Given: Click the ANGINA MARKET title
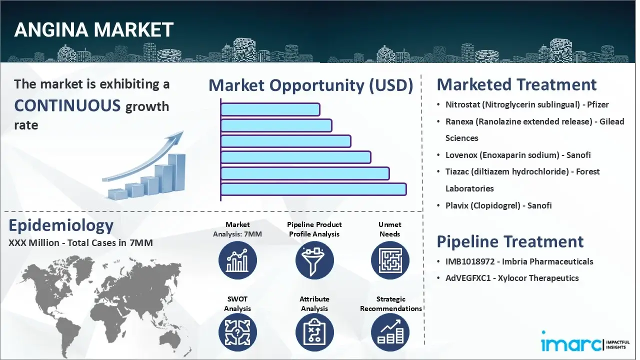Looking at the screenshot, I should click(94, 30).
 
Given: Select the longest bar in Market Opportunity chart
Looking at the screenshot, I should click(313, 189).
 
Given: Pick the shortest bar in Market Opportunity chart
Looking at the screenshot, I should click(270, 109).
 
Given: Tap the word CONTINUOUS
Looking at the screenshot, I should click(67, 105).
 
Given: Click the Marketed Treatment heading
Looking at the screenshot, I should click(516, 84).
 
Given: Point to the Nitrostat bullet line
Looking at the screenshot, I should click(527, 104).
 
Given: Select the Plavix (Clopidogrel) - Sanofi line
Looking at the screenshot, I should click(498, 205).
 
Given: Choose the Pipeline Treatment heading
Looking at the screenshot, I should click(510, 241).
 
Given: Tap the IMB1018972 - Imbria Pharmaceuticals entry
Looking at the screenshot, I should click(519, 261).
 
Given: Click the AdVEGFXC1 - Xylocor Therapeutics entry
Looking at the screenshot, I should click(512, 278).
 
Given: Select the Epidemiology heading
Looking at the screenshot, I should click(61, 225).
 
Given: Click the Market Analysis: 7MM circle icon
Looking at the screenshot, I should click(237, 260).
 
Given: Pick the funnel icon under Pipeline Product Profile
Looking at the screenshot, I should click(314, 260).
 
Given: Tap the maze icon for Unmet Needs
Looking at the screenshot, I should click(390, 260).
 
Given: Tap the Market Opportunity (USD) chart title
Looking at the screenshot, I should click(310, 85).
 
